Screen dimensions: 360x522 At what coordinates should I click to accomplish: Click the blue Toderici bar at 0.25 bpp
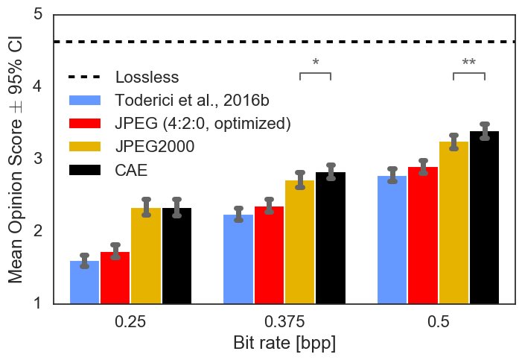[84, 282]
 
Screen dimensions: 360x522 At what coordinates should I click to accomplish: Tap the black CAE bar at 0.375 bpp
[331, 239]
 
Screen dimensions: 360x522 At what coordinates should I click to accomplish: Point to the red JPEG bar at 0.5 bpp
[423, 236]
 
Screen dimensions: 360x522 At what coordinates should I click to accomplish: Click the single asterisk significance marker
[316, 63]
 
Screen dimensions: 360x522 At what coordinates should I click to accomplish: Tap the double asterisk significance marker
[469, 63]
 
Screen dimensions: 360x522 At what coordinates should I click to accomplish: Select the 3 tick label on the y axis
[36, 159]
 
